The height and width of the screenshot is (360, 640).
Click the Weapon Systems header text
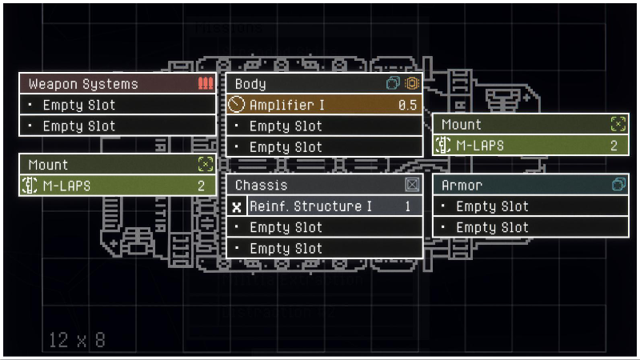tap(83, 84)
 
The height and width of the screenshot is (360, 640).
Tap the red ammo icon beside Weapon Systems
tap(206, 83)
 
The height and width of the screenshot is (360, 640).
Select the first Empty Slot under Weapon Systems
tap(79, 105)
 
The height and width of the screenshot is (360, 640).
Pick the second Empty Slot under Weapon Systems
tap(79, 126)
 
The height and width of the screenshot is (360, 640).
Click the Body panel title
tap(250, 84)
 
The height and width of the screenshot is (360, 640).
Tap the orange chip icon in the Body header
tap(412, 83)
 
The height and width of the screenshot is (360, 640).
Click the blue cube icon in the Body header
tap(394, 83)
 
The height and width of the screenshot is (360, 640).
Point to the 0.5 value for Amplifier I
tap(408, 105)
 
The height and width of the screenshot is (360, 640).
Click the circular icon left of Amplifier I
tap(236, 105)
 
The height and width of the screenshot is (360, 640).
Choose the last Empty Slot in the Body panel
tap(286, 147)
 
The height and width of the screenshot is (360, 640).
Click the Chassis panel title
tap(261, 185)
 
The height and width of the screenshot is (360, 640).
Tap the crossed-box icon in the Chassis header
tap(412, 185)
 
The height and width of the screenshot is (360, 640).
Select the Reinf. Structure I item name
tap(310, 206)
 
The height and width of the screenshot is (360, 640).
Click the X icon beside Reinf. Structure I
tap(236, 206)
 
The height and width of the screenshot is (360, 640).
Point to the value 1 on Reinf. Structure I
tap(407, 206)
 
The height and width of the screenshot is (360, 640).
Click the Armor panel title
tap(462, 185)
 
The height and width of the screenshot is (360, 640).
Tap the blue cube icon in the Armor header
tap(618, 185)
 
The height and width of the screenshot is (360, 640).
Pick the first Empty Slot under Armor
tap(492, 206)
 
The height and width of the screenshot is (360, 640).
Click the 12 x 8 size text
tap(76, 339)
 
